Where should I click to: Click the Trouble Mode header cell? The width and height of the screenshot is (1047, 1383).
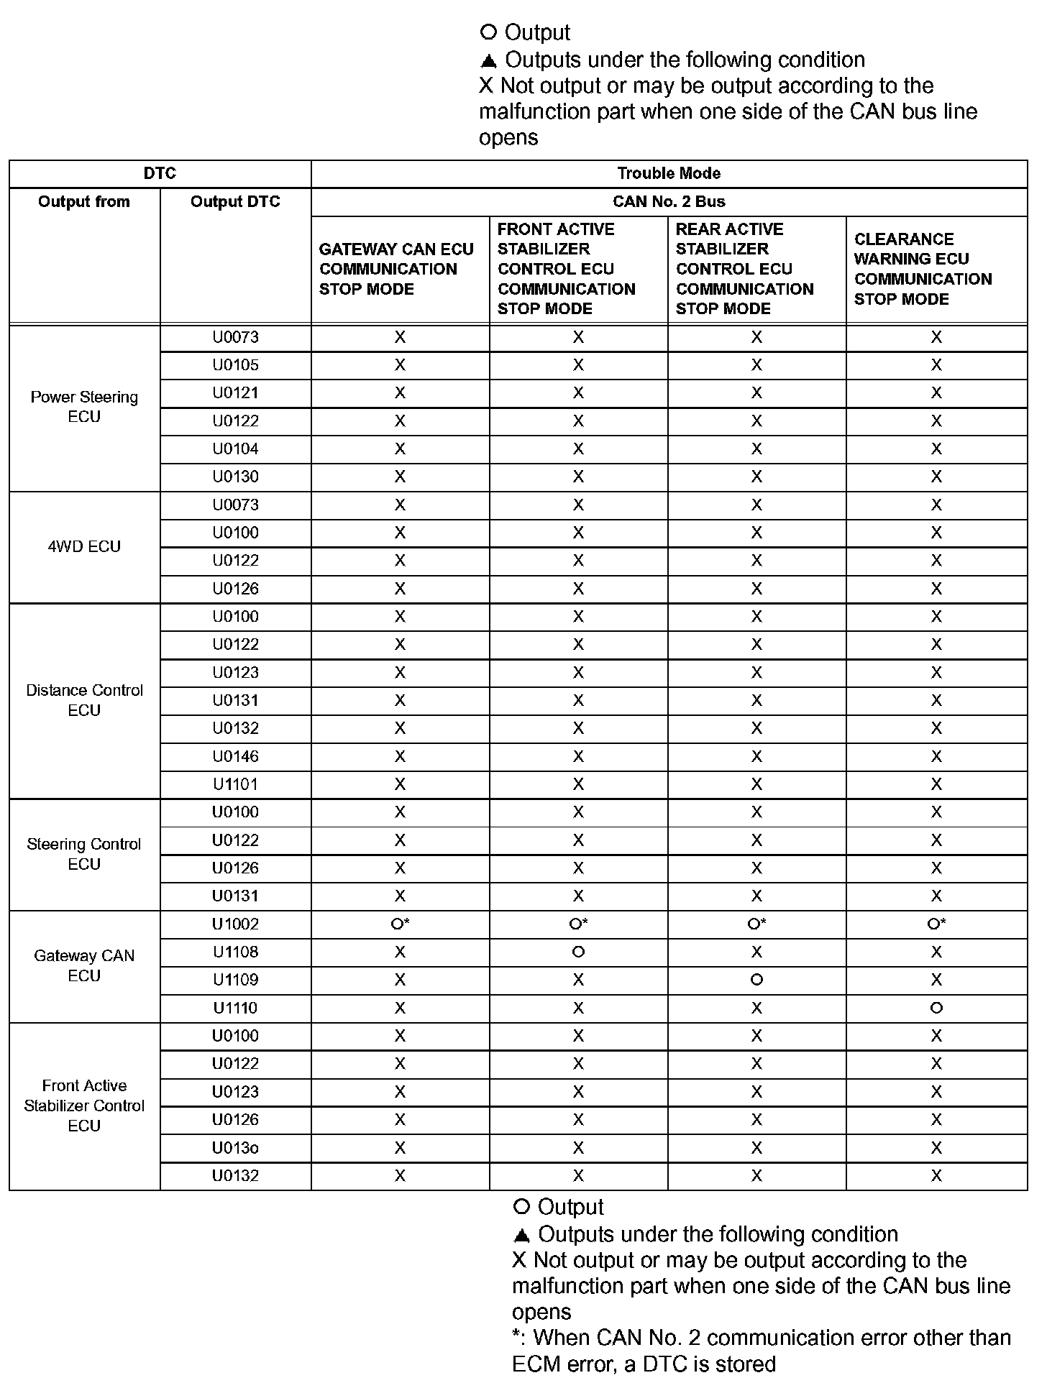669,173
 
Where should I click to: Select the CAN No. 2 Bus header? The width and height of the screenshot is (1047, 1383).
669,202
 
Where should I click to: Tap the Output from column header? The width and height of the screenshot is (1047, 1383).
84,202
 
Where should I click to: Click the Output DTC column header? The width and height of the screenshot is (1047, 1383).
235,202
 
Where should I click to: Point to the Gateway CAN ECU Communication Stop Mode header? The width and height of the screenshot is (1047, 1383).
396,269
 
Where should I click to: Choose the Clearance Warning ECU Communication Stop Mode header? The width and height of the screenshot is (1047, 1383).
923,269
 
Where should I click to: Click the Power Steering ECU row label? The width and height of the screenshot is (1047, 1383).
84,407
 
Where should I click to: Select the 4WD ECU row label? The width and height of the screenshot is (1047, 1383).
84,546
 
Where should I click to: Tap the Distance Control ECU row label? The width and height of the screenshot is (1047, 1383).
84,700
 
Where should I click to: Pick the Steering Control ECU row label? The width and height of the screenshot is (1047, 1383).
84,854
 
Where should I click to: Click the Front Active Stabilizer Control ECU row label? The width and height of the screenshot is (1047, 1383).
84,1106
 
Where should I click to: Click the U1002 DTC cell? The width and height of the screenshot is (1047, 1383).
235,924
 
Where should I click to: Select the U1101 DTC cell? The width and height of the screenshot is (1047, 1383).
235,784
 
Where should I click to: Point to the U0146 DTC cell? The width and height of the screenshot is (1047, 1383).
235,756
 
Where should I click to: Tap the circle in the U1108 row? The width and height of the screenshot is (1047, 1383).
578,952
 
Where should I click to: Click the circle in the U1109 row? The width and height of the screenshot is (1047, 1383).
756,980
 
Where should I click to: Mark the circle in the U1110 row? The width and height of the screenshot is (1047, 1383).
936,1008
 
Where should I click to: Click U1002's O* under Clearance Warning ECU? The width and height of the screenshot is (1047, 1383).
936,924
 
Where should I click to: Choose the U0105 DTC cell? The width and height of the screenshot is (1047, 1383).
235,365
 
